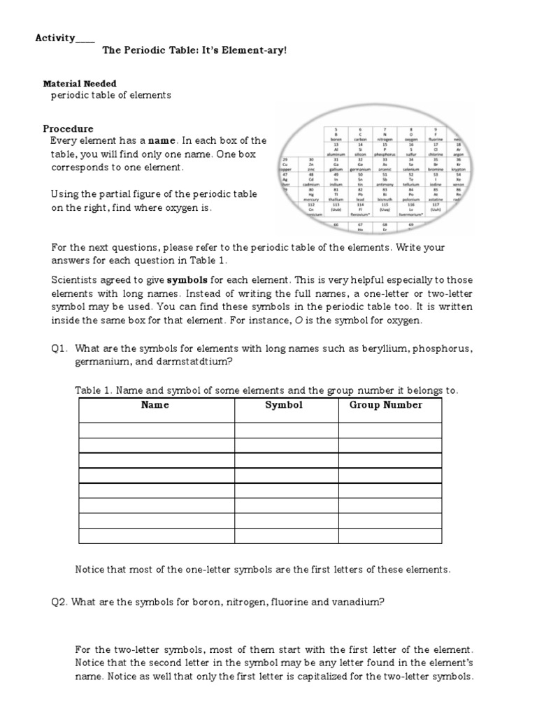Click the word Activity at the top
(55, 38)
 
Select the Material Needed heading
(80, 83)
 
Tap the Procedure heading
(68, 128)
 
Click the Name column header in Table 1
(155, 405)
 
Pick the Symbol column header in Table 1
(284, 405)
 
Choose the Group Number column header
(386, 405)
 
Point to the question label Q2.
(59, 601)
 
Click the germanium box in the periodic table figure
(360, 166)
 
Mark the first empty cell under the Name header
(156, 430)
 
